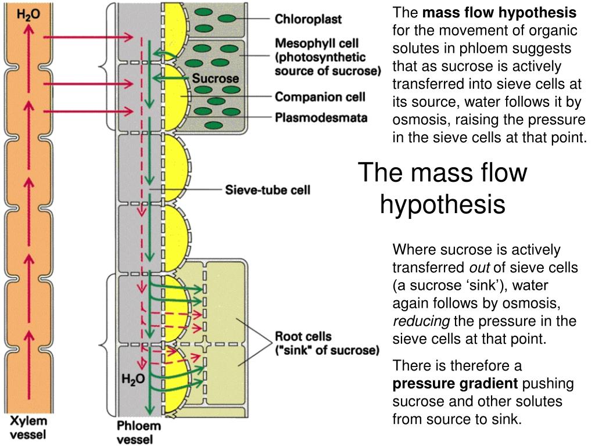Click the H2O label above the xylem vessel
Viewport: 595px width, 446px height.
(x=28, y=15)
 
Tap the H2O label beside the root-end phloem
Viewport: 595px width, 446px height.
(x=133, y=379)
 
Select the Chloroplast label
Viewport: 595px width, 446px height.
(x=308, y=19)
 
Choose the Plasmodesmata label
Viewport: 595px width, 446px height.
(x=321, y=118)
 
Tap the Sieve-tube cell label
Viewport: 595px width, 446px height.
(x=267, y=190)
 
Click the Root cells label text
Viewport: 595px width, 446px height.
(x=303, y=337)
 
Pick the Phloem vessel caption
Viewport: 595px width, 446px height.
(x=138, y=433)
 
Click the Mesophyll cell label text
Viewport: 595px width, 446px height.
(x=316, y=43)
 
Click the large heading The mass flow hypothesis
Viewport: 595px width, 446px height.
(x=442, y=188)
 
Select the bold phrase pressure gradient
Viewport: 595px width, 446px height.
(x=455, y=384)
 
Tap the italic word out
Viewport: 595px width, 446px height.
(x=479, y=268)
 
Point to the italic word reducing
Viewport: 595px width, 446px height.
(x=421, y=321)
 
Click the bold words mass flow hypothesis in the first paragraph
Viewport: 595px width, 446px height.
(x=499, y=13)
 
